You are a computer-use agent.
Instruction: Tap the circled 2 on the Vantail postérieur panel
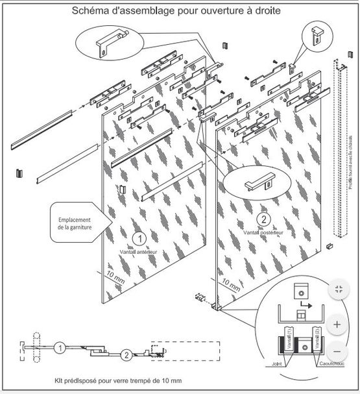coord(263,219)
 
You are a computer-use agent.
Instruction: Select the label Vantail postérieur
coord(262,231)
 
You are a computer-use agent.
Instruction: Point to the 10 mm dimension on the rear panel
coord(232,284)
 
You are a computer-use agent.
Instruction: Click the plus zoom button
coord(337,324)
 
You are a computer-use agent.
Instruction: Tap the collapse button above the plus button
coord(337,290)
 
